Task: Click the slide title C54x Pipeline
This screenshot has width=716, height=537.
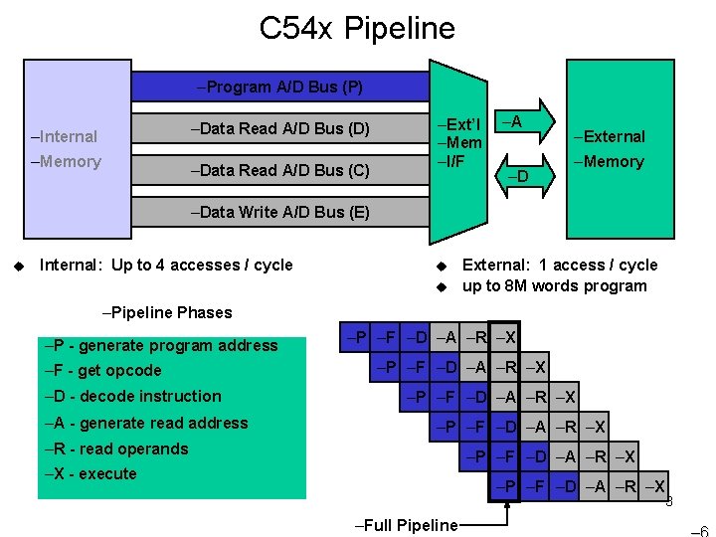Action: [357, 28]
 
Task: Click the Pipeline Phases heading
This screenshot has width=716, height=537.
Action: [167, 312]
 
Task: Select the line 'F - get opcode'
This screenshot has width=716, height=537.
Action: [102, 371]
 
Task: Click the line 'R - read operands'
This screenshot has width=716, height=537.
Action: [116, 448]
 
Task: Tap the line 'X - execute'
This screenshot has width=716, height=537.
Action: [90, 473]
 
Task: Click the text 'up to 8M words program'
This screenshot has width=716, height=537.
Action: [555, 286]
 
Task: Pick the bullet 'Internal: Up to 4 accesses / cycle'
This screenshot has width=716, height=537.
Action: [165, 265]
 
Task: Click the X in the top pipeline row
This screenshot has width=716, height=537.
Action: [505, 337]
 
